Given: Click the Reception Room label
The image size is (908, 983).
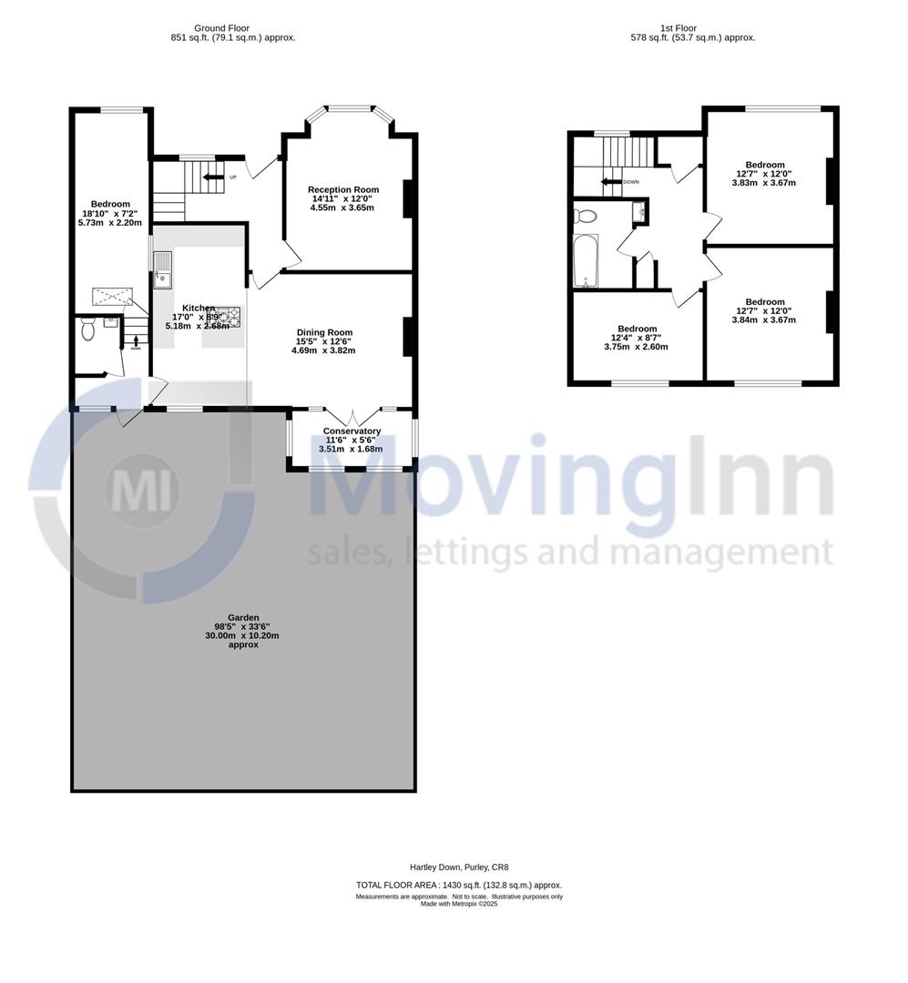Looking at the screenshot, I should [x=343, y=189].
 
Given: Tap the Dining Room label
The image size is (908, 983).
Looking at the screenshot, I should [x=324, y=332].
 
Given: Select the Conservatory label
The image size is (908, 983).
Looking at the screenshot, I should [x=352, y=431].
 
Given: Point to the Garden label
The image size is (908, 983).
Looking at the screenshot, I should [x=243, y=617].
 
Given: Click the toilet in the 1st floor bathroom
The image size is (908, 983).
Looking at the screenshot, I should [x=584, y=216].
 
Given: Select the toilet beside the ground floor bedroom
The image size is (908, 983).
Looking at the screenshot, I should [x=87, y=329].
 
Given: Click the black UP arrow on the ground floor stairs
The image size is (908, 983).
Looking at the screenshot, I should [x=213, y=177].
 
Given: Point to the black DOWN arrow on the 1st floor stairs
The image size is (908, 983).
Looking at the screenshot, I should [x=608, y=181].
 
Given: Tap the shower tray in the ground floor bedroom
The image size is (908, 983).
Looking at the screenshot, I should [x=112, y=297].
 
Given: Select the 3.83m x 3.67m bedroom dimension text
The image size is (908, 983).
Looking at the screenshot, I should [x=764, y=182].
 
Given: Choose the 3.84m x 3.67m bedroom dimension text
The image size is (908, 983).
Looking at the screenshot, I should [x=764, y=319].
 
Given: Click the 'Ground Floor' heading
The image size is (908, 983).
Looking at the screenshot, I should [x=222, y=28].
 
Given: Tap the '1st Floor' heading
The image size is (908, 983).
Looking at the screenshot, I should [x=678, y=28].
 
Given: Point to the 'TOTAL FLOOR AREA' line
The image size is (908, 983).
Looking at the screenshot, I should [x=459, y=885].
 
